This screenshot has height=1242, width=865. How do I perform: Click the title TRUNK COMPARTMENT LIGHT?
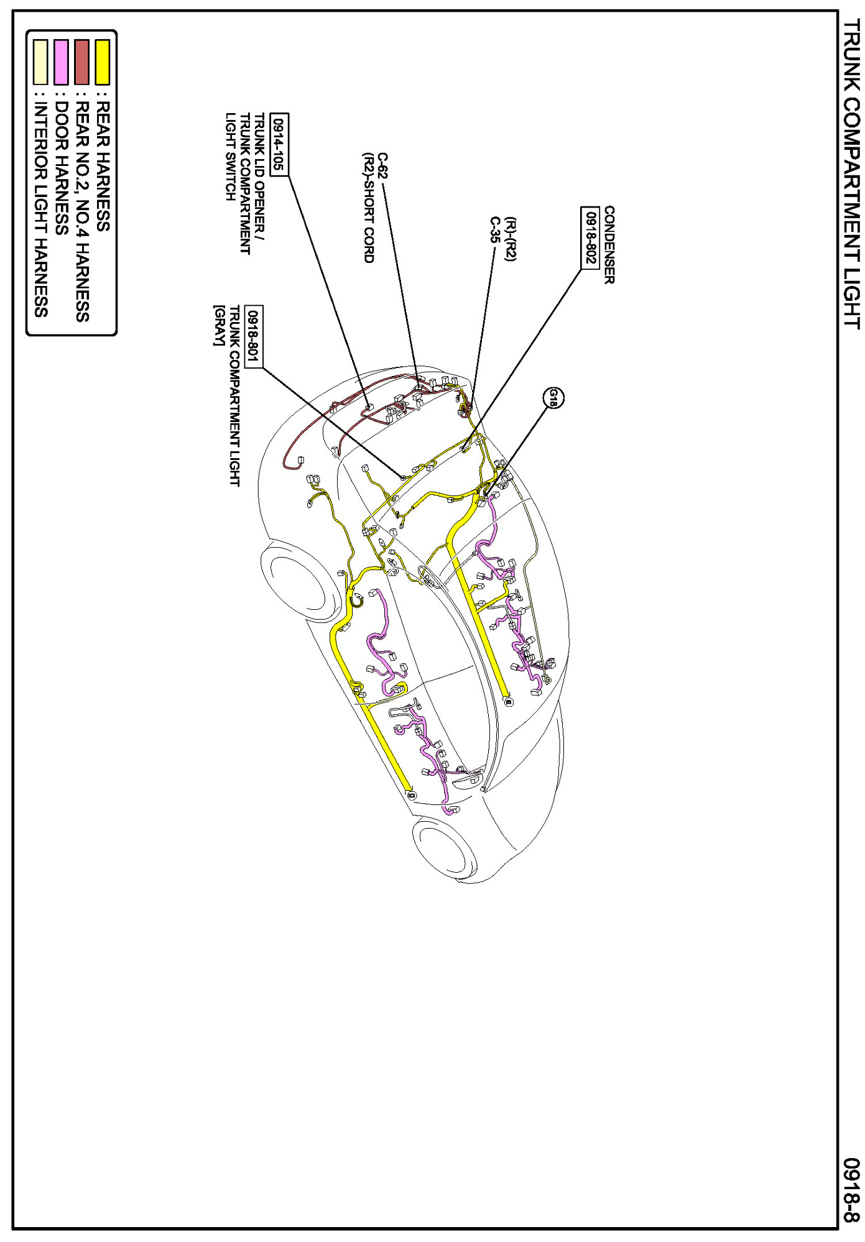(851, 174)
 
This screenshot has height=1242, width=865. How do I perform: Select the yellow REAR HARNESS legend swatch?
(103, 62)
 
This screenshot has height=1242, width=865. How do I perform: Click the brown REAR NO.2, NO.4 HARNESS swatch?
(82, 62)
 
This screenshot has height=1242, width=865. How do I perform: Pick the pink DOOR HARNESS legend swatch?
(61, 62)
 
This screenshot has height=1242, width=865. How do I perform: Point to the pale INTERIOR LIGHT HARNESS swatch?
(40, 62)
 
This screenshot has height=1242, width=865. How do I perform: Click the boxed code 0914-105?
(279, 145)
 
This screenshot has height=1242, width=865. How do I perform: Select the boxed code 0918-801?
(254, 336)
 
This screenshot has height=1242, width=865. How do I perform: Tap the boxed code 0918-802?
(590, 238)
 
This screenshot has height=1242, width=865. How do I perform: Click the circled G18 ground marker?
(553, 398)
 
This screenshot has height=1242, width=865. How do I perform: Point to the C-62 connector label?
(382, 166)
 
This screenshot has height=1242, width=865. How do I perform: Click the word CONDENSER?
(609, 245)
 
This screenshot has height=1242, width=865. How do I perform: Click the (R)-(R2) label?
(511, 239)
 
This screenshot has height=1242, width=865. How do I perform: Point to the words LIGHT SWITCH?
(230, 157)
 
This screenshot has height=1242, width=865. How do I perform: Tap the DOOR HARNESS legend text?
(61, 168)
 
